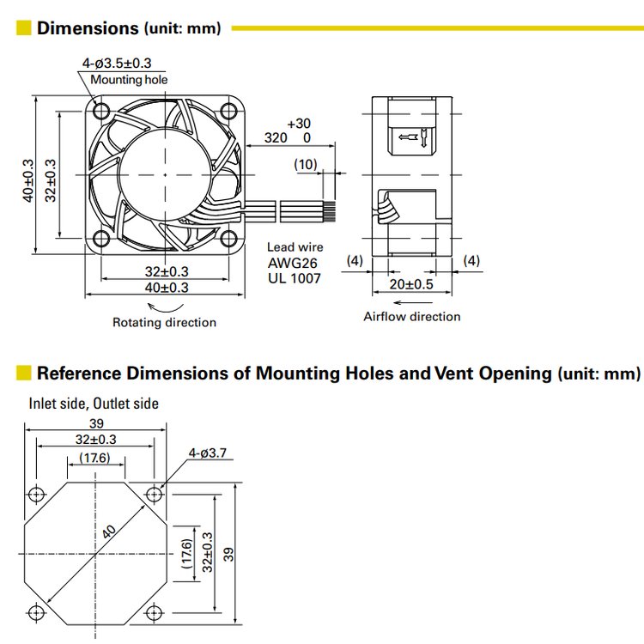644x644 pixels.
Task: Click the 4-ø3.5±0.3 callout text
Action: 117,63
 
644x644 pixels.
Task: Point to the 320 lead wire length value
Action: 276,137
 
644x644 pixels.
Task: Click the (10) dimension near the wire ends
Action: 306,164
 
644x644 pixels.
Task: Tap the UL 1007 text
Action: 294,278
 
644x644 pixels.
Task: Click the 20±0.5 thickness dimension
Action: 410,284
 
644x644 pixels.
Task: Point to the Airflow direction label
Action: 411,317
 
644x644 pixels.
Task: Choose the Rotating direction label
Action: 164,323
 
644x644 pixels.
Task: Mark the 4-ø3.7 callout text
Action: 206,453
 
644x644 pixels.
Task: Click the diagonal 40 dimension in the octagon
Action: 109,532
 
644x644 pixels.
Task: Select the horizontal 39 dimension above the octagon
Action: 95,423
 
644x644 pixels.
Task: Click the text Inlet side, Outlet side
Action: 94,403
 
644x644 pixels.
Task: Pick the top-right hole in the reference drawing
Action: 154,494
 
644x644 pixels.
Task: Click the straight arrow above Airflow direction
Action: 411,302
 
